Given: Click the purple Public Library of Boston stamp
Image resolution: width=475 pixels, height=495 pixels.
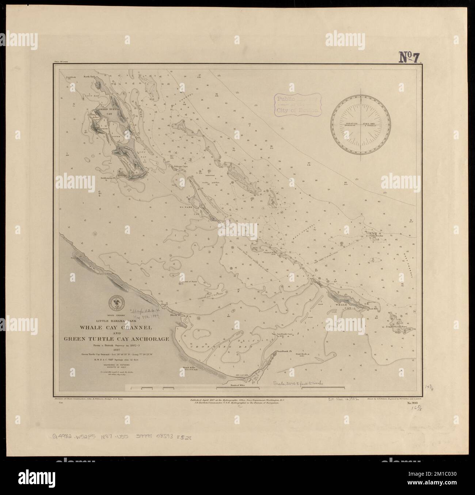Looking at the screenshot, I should tap(297, 104).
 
